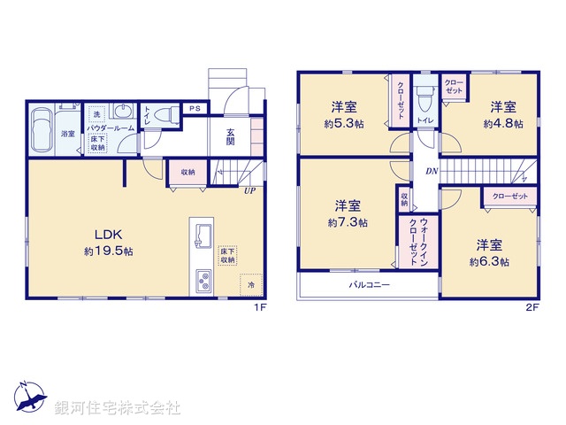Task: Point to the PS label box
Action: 193,109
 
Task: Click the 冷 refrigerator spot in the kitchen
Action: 251,285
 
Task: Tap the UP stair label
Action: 250,189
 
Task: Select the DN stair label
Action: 431,171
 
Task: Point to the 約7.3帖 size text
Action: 348,223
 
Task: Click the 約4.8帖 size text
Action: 503,124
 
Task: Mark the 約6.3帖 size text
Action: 489,262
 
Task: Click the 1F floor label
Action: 260,307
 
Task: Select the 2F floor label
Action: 532,307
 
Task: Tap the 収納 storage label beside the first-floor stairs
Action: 187,173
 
